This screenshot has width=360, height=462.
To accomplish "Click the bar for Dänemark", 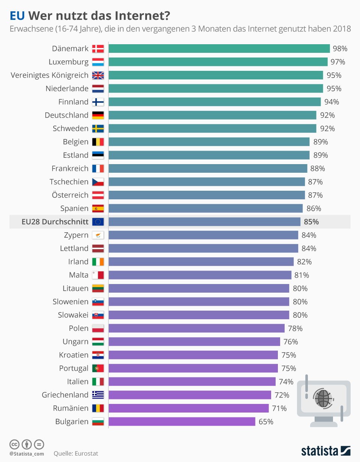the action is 219,48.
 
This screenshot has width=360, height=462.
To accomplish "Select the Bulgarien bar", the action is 182,422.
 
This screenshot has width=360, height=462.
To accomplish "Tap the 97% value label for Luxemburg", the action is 337,62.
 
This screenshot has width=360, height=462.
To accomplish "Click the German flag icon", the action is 98,115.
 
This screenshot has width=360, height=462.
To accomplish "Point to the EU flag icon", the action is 98,222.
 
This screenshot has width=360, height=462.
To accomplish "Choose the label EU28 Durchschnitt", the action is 55,222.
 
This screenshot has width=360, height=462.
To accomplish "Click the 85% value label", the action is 311,222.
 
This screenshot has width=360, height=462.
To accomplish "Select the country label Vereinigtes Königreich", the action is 49,75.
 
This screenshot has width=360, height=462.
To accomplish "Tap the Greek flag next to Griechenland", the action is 98,395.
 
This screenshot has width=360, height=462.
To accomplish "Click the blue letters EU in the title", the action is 17,16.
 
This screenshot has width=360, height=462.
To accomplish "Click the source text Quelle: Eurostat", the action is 76,453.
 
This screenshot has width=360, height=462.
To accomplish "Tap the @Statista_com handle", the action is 27,454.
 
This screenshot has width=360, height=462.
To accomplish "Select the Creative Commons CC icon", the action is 15,444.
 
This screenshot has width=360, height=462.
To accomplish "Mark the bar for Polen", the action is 196,328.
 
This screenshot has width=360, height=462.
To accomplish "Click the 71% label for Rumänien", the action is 279,408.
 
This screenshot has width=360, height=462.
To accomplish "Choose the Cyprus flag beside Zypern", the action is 98,235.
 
